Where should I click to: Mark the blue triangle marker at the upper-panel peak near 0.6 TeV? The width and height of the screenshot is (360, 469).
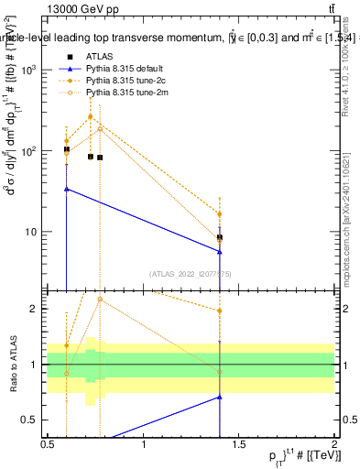coord(67,189)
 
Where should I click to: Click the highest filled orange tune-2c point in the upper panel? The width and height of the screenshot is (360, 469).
coord(90,116)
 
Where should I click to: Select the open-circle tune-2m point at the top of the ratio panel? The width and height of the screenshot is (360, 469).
coord(100,300)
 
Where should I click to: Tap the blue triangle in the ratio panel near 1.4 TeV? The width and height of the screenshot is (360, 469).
coord(220,397)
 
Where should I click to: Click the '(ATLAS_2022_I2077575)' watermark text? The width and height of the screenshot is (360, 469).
coord(191,273)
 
